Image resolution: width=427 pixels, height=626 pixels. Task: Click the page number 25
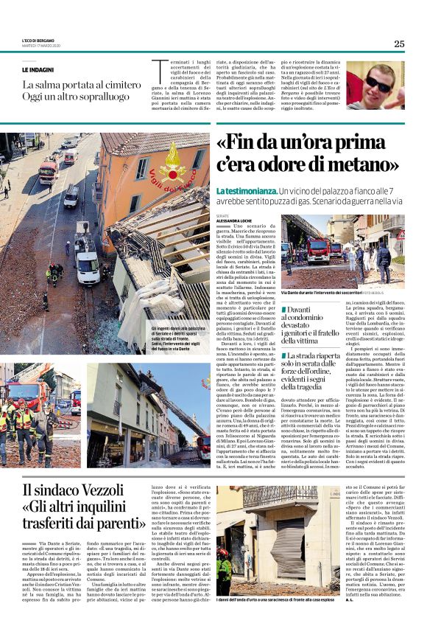[399, 44]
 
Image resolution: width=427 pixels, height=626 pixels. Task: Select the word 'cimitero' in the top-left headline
[119, 86]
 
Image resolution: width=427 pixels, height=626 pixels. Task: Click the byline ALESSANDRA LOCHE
[236, 220]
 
